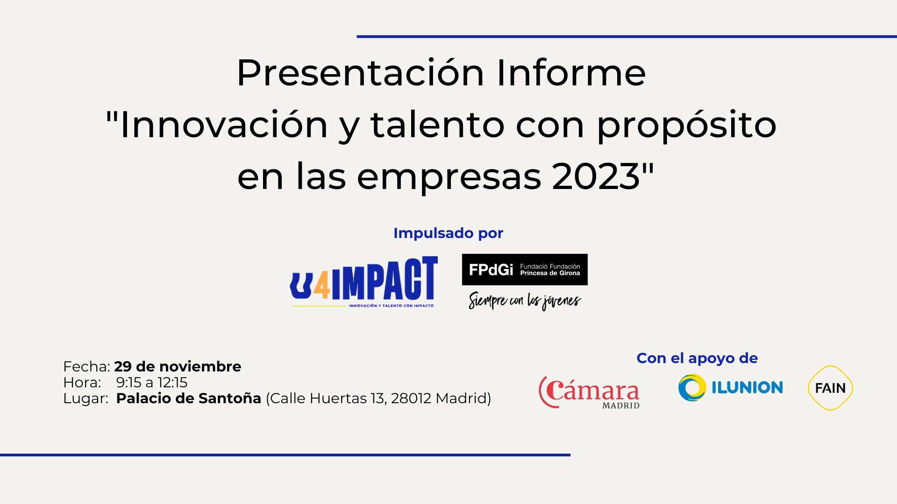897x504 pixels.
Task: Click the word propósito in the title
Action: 687,125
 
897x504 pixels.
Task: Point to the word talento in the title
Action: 437,125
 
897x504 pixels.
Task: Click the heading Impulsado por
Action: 448,233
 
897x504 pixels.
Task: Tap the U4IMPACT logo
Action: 364,282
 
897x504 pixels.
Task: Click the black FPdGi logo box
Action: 525,269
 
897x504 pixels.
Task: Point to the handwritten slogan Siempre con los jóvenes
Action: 525,300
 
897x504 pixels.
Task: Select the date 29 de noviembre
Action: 178,366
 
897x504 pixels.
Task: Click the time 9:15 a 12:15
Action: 152,383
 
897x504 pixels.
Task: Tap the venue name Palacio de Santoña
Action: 189,398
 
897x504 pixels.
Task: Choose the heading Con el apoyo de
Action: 697,358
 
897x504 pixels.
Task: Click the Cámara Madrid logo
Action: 589,392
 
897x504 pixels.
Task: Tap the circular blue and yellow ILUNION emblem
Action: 692,388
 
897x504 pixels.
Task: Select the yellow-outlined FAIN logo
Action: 830,388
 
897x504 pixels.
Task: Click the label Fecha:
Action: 86,366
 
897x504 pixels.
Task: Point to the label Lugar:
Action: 85,399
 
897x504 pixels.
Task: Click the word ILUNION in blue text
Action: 747,387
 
